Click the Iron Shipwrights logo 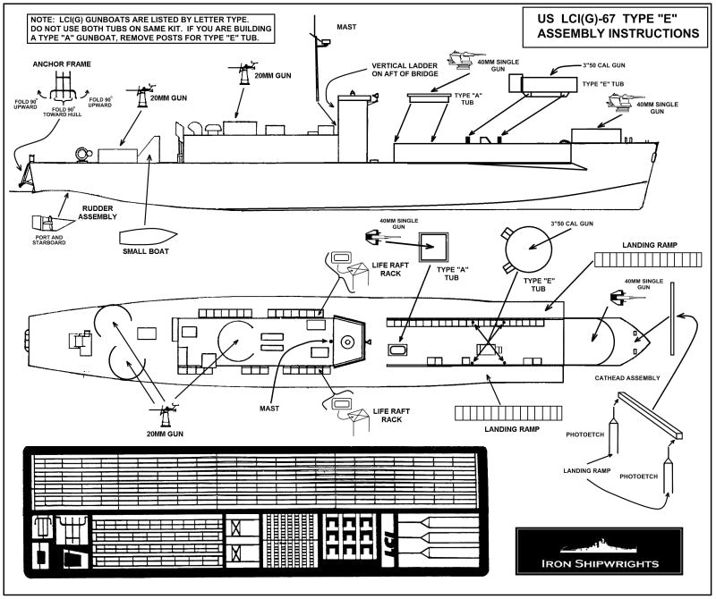click(x=605, y=554)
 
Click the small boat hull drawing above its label click(x=145, y=235)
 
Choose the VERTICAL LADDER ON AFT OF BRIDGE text click(x=408, y=72)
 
